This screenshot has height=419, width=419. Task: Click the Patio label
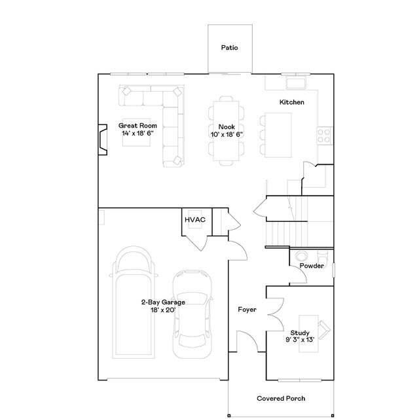pyautogui.click(x=229, y=48)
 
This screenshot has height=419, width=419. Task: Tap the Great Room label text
pyautogui.click(x=137, y=125)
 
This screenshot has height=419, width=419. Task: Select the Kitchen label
pyautogui.click(x=292, y=102)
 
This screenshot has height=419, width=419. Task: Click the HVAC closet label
pyautogui.click(x=194, y=219)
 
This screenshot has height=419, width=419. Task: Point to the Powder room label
pyautogui.click(x=312, y=266)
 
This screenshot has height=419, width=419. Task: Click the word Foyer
pyautogui.click(x=247, y=309)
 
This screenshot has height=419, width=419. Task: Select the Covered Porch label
pyautogui.click(x=280, y=398)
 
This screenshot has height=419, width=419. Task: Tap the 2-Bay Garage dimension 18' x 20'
pyautogui.click(x=163, y=310)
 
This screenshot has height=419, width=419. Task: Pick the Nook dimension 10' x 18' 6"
pyautogui.click(x=227, y=134)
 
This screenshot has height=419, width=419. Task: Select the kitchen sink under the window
pyautogui.click(x=296, y=83)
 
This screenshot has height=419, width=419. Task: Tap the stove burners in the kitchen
pyautogui.click(x=323, y=135)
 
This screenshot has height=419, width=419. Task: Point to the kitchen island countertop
pyautogui.click(x=278, y=134)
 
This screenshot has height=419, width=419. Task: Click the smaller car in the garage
pyautogui.click(x=192, y=314)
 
